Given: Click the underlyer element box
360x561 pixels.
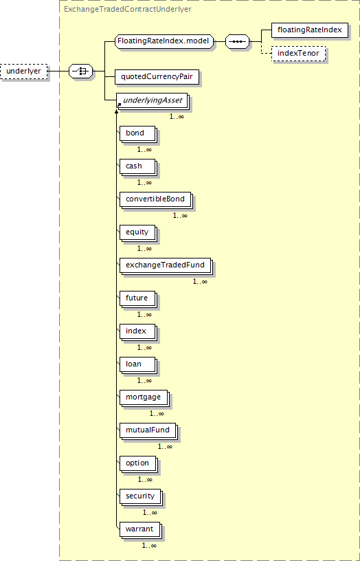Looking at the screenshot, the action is click(x=24, y=71).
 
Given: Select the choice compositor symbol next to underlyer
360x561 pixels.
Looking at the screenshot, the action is click(x=80, y=71).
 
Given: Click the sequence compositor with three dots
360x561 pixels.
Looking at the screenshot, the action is click(x=238, y=41).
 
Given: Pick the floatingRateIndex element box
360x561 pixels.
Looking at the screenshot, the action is click(x=309, y=30).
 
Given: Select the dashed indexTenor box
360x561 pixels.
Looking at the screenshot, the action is click(x=298, y=54).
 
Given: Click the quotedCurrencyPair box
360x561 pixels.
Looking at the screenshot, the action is click(x=157, y=77).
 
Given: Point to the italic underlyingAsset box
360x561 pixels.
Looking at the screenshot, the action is click(x=153, y=101).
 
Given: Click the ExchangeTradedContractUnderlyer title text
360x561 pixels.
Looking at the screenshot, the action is click(x=127, y=10).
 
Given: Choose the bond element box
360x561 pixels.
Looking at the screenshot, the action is click(x=138, y=134).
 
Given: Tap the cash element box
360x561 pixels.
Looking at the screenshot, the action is click(x=138, y=167).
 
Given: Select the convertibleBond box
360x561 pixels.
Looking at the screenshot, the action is click(x=156, y=200).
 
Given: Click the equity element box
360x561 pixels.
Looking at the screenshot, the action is click(x=138, y=233).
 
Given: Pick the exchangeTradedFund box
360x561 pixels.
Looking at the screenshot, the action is click(x=166, y=266).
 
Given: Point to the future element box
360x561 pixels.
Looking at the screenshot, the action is click(x=138, y=299).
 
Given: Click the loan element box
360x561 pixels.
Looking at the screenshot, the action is click(x=138, y=365).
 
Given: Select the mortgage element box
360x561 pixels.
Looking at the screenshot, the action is click(x=144, y=398).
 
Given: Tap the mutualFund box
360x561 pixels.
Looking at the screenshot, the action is click(x=148, y=431).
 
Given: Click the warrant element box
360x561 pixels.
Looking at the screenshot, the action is click(x=140, y=530).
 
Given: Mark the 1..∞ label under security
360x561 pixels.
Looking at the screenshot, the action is click(x=150, y=512).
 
